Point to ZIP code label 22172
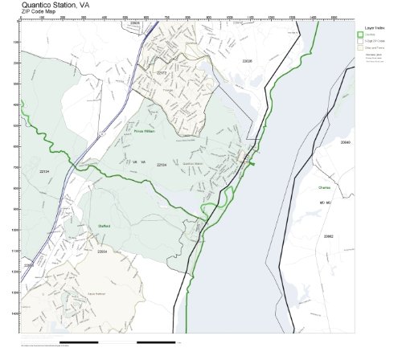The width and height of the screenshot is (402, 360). pyautogui.click(x=162, y=74)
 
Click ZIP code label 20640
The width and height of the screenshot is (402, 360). pyautogui.click(x=346, y=141)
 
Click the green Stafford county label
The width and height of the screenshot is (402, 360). pyautogui.click(x=102, y=226)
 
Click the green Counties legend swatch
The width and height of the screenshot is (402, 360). pyautogui.click(x=360, y=34)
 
